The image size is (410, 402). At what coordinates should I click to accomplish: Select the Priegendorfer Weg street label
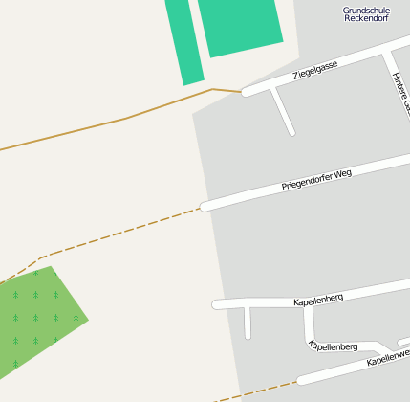coord(316,179)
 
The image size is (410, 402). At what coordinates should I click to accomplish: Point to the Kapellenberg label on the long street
coord(318,301)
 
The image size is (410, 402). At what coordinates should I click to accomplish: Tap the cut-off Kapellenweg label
coord(388,358)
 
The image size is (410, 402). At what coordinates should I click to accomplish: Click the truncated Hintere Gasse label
coord(399,92)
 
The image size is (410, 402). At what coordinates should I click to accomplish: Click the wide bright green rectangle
coord(240,26)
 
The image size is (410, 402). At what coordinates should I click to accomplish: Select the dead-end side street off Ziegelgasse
coord(284,110)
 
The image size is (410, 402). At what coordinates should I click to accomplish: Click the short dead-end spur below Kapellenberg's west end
coord(248,323)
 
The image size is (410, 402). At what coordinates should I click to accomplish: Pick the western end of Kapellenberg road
coord(217,305)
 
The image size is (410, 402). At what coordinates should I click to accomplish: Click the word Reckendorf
coord(366,20)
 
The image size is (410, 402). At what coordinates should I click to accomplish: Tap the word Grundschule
coord(366,11)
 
